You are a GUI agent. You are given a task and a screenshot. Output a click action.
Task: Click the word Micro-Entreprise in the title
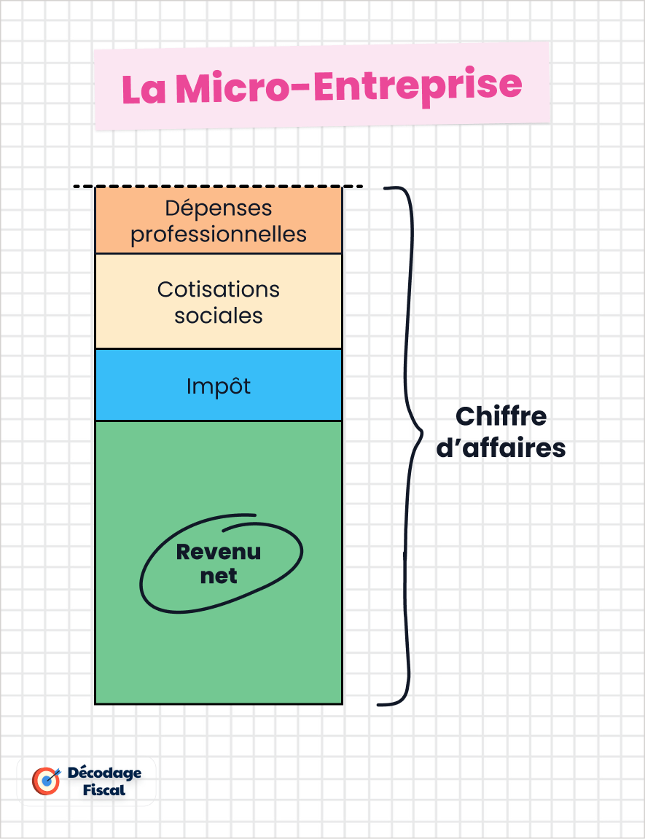click(x=348, y=86)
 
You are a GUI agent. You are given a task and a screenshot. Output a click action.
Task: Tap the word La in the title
click(x=144, y=90)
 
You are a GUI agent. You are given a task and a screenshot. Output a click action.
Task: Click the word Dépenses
click(x=219, y=208)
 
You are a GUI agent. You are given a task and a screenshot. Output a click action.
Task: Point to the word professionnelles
click(x=219, y=234)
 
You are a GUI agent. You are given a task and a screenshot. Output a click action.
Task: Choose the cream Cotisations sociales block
click(x=219, y=335)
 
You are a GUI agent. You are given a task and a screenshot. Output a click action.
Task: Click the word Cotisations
click(x=219, y=289)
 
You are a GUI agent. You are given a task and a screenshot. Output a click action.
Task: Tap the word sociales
click(x=219, y=316)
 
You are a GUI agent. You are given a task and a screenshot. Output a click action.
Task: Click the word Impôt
click(x=219, y=386)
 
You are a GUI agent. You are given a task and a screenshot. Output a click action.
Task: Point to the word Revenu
click(x=219, y=552)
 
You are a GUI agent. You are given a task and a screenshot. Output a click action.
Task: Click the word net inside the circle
click(x=219, y=576)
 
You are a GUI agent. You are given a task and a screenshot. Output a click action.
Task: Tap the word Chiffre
click(x=501, y=417)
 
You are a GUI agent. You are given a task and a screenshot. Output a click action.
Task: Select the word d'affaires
click(x=501, y=448)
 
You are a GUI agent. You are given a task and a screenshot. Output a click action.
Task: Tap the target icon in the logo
click(x=46, y=780)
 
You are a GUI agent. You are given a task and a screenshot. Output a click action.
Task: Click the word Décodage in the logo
click(x=104, y=773)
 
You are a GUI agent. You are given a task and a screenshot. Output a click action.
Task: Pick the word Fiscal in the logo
click(x=104, y=790)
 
